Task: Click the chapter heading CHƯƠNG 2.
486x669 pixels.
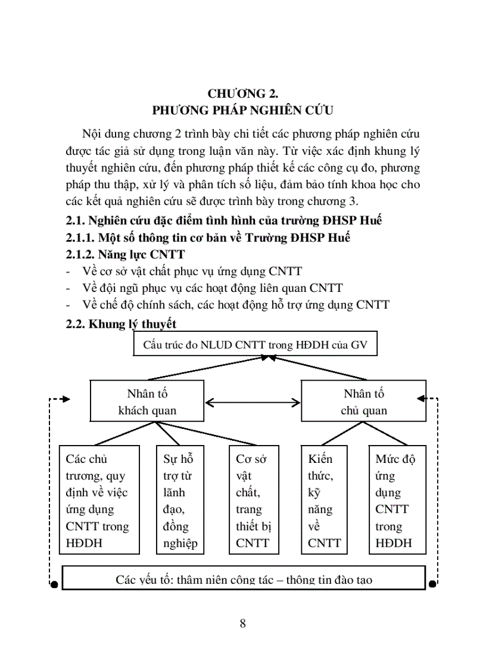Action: coord(243,94)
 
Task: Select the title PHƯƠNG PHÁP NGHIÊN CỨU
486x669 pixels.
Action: coord(243,110)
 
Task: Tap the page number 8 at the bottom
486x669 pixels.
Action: coord(242,624)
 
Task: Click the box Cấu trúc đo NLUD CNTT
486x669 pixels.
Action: coord(255,345)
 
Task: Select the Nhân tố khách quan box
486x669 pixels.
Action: coord(147,402)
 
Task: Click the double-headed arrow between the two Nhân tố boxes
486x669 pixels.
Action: coord(253,402)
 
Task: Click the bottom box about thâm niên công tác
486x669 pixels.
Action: coord(244,578)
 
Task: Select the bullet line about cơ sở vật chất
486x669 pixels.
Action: coord(191,271)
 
